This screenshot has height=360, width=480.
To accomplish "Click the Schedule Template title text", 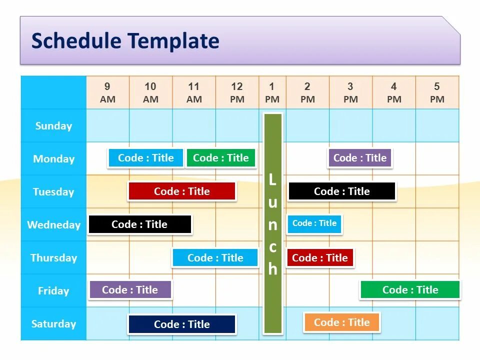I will point(125,41).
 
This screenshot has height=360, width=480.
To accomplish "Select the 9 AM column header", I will point(107,92).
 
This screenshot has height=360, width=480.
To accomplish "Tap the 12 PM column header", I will point(237,92).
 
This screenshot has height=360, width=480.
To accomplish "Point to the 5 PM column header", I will point(437,92).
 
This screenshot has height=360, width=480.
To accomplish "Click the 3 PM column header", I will point(350,92).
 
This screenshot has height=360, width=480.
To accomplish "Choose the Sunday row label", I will point(53,126).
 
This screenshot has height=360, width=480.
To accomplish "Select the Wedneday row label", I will point(53,225).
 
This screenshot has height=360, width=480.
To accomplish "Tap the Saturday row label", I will point(53,324).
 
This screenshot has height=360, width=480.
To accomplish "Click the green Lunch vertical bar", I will point(272,223).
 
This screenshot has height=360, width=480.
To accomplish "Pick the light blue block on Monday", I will point(145,158).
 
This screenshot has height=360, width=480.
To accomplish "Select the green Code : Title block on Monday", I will point(220,158).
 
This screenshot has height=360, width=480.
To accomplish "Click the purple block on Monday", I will point(359,158).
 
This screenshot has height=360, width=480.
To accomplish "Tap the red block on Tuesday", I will point(181,191).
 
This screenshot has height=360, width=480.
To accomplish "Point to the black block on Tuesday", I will point(341,191).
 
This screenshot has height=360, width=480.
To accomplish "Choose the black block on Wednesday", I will point(139,224).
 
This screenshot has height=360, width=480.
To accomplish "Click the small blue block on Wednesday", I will point(314,224).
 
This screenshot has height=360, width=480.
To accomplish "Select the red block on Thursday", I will point(319,258).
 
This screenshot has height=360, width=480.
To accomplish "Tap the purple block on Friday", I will point(130,290).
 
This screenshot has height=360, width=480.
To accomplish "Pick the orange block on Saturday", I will point(341,322).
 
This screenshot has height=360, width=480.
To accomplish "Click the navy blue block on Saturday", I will point(181,324).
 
